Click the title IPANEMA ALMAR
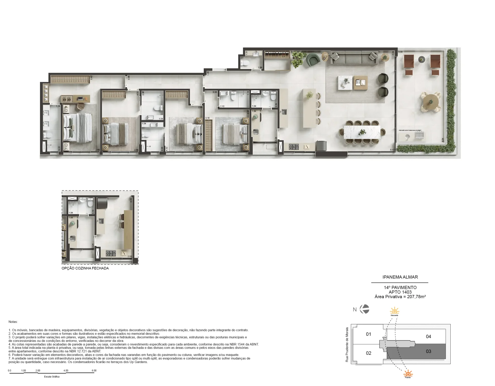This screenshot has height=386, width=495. tap(400, 277)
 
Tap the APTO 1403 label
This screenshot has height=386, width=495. tap(400, 292)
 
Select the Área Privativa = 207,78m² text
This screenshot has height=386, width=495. tap(400, 297)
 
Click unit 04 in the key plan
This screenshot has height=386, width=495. tap(428, 336)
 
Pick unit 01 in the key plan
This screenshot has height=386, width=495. tap(368, 334)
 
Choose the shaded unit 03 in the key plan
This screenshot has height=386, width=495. tap(428, 351)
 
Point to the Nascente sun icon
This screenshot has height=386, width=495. tap(394, 311)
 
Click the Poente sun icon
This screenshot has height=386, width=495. tap(408, 373)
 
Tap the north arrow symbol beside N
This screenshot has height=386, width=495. tap(365, 309)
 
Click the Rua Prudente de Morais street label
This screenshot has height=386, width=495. tap(347, 345)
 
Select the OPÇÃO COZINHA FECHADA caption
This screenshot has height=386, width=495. tap(85, 268)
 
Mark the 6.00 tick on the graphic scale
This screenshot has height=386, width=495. tap(94, 371)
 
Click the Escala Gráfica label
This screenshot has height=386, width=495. tap(52, 377)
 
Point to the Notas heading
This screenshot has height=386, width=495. tap(13, 322)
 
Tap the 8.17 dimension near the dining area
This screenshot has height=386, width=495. tap(392, 150)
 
